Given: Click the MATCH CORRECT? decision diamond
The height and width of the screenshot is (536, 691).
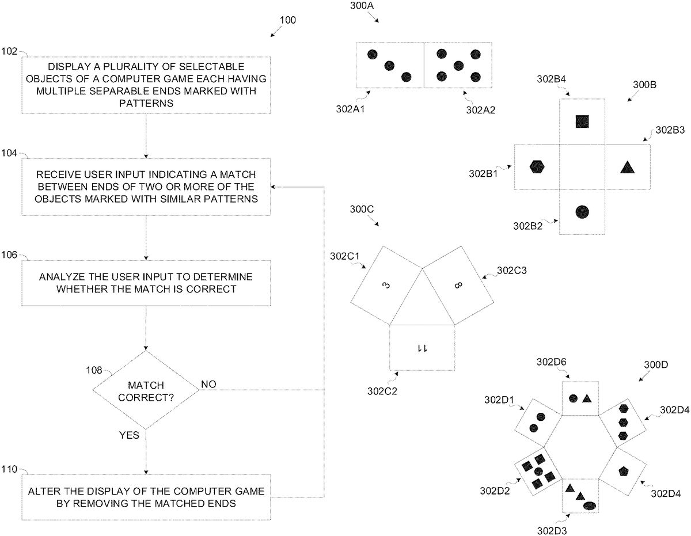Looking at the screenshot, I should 146,390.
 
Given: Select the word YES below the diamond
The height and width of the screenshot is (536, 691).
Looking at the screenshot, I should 129,435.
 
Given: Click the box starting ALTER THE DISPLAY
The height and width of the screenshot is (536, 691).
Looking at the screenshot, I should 146,497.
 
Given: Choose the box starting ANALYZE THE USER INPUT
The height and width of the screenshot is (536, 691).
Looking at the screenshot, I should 146,283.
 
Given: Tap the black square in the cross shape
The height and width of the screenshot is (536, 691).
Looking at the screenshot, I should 582,121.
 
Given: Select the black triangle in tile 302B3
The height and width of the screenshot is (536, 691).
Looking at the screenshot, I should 628,168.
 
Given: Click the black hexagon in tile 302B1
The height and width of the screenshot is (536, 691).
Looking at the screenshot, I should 537,167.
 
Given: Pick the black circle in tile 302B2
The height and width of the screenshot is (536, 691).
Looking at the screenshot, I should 582,212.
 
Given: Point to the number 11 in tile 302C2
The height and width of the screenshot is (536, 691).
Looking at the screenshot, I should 422,348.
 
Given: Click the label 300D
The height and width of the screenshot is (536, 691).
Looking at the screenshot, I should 655,365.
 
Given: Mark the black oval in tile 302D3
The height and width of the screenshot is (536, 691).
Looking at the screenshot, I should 590,505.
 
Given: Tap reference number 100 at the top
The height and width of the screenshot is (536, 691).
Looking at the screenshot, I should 288,20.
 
